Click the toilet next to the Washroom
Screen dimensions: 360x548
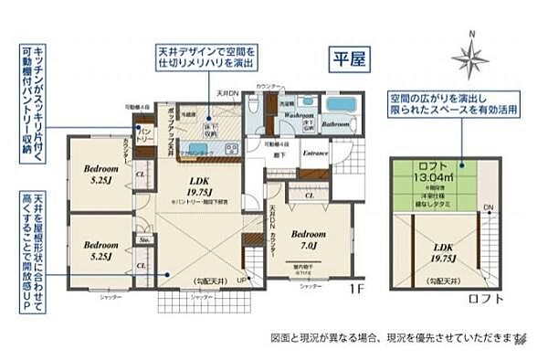point(271,104)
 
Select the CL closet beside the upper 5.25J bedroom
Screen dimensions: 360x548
point(140,173)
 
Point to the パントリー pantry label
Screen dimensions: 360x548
point(143,133)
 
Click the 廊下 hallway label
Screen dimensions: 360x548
point(271,153)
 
